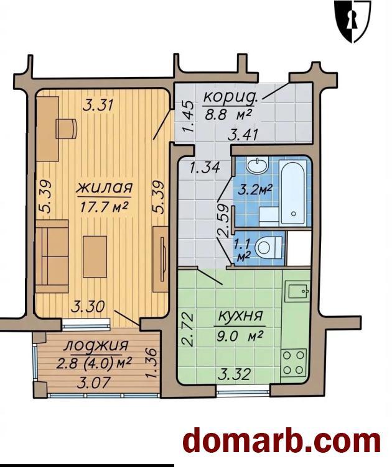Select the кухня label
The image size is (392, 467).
point(240,315)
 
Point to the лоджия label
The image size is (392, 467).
point(96,345)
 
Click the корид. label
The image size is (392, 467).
point(230,97)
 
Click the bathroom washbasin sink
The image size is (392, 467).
point(258,165)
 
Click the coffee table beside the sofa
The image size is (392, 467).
point(95,256)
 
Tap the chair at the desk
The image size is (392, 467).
point(67,129)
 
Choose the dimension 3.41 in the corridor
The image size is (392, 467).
point(243,135)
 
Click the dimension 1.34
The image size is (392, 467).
point(205,168)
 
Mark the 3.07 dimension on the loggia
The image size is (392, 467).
point(94,383)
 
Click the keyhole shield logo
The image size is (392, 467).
point(353,21)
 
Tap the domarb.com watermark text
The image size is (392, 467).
point(282,443)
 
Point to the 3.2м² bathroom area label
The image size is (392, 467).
point(255,190)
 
